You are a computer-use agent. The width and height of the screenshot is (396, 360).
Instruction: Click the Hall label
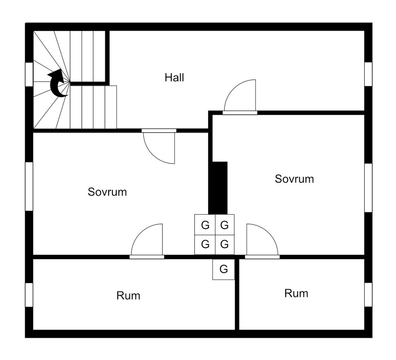(x=174, y=77)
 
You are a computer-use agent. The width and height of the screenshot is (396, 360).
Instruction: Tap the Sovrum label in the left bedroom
(x=107, y=192)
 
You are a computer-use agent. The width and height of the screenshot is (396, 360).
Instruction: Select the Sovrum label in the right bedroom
(x=294, y=179)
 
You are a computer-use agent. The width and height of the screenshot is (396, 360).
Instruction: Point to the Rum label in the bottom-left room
(x=128, y=296)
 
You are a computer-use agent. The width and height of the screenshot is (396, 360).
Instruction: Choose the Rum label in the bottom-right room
(x=296, y=293)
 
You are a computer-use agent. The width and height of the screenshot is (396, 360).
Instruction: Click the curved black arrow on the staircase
(x=57, y=83)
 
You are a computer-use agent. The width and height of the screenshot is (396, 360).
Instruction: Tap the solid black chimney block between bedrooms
(x=218, y=188)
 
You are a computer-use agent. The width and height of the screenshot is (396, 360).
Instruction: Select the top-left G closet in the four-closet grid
(x=205, y=225)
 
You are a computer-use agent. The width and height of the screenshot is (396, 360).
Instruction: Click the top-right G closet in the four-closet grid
(x=225, y=225)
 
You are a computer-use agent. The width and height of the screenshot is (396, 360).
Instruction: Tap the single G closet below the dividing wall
(x=224, y=269)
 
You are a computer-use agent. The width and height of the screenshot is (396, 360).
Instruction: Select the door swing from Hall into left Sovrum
(x=159, y=146)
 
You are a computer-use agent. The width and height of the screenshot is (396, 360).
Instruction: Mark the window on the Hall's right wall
(x=368, y=74)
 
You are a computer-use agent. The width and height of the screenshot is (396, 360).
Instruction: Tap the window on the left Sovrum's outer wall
(x=29, y=186)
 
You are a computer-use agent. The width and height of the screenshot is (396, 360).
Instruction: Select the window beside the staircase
(x=29, y=74)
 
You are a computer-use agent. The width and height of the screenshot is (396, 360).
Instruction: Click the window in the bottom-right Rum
(x=368, y=295)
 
